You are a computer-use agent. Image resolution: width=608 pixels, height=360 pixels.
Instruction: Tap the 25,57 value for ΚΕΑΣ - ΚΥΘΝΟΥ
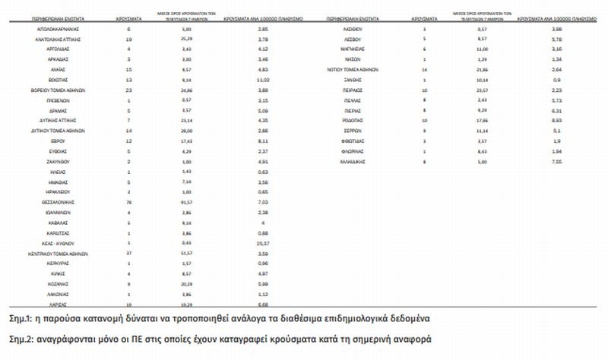point(262,242)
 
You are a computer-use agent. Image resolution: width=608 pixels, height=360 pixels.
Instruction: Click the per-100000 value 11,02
point(261,79)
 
